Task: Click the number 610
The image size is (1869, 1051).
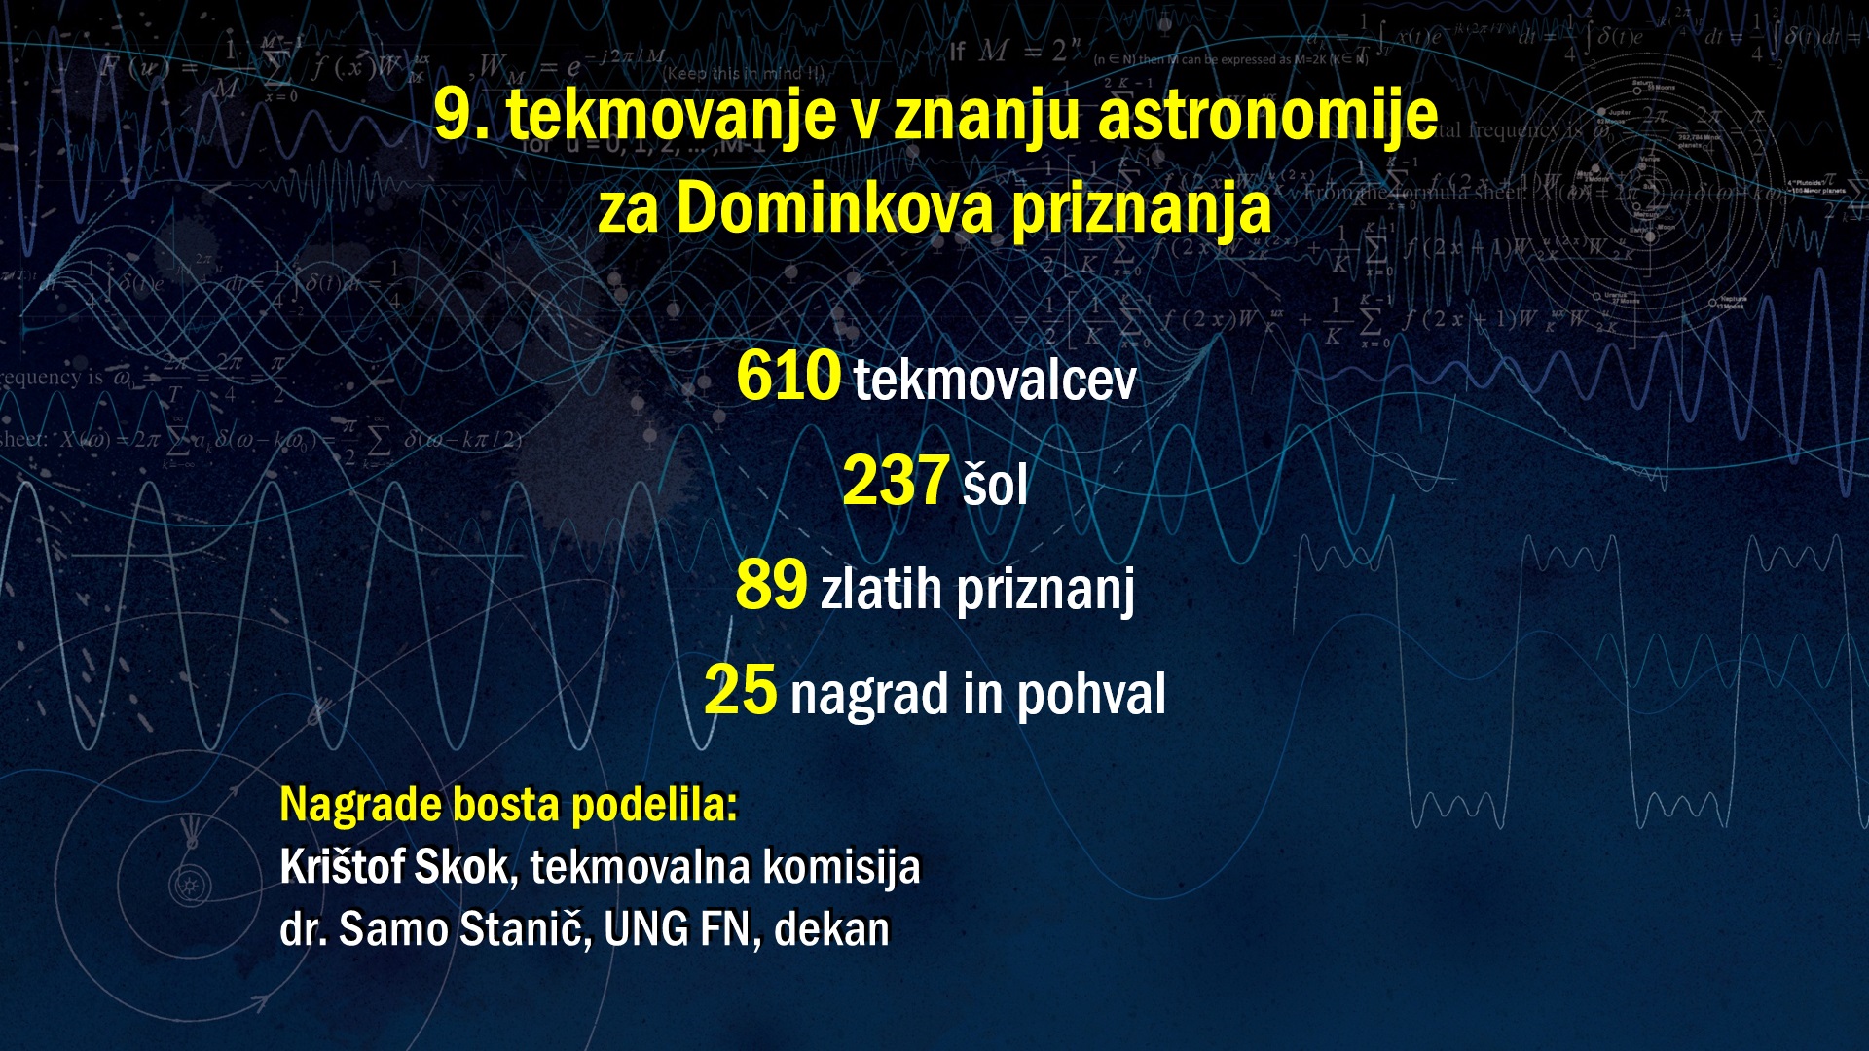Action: pos(788,376)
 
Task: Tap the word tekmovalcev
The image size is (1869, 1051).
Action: pos(995,380)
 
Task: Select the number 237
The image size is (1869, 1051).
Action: pos(896,481)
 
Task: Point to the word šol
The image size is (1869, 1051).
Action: pos(995,483)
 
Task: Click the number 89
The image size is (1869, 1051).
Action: pos(772,585)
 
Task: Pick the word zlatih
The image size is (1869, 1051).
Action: pos(882,589)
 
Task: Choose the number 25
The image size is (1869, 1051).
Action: pos(741,690)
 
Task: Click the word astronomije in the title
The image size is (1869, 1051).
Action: pos(1268,116)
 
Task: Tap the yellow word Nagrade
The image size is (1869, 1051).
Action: pos(359,806)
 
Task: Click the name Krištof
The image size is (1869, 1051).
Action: pos(343,867)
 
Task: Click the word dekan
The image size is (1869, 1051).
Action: pos(832,929)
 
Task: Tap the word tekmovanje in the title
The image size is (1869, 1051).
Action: pos(672,116)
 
